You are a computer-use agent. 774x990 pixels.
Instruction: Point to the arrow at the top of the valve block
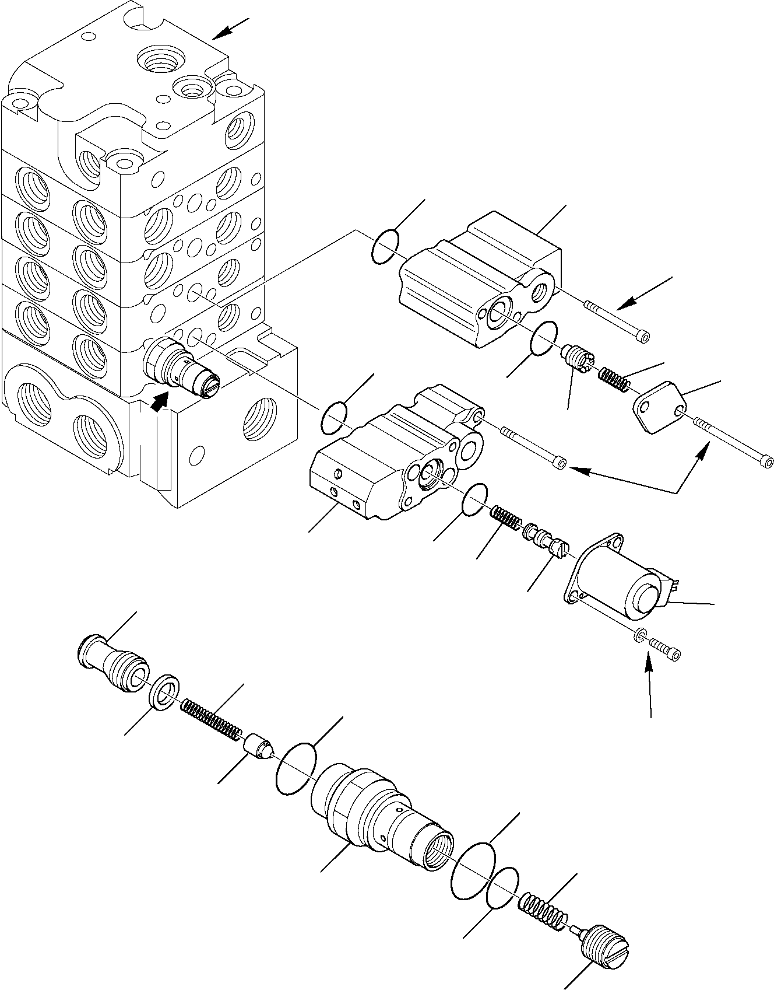(x=231, y=29)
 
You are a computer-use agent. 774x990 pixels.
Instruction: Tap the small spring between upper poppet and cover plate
(x=614, y=379)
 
